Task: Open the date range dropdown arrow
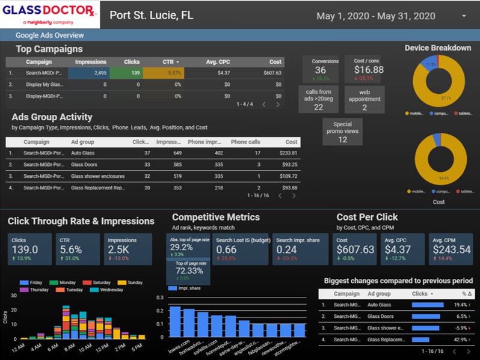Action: coord(464,16)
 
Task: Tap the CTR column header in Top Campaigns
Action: coord(171,62)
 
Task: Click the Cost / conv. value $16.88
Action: coord(368,70)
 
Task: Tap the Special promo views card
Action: coord(342,132)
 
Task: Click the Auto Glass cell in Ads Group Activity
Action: coord(83,153)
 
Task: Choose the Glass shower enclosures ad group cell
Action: coord(97,177)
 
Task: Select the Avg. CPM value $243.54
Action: coord(451,249)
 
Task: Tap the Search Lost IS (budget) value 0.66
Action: coord(226,249)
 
